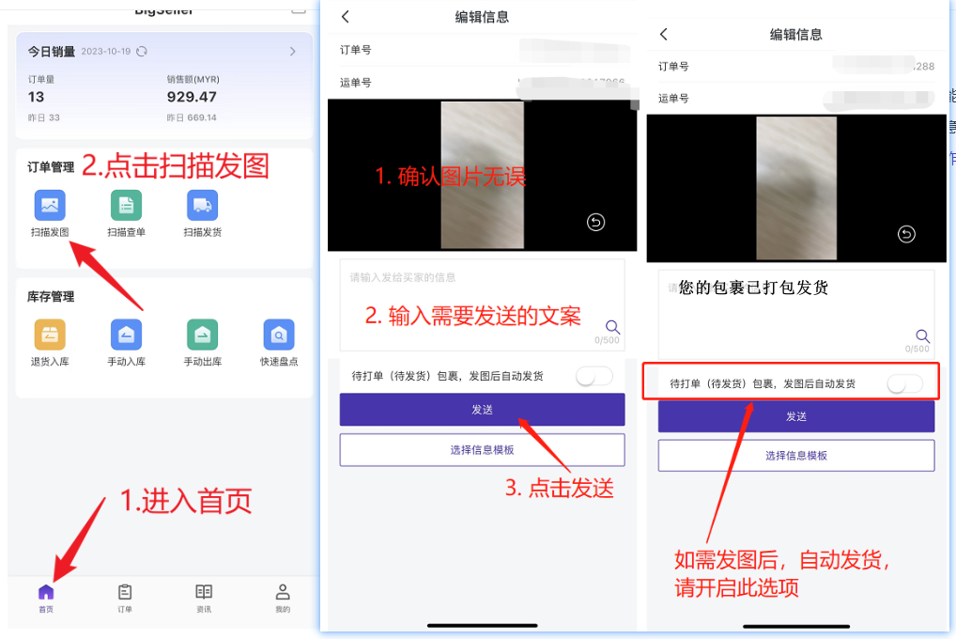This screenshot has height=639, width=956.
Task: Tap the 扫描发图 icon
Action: tap(50, 206)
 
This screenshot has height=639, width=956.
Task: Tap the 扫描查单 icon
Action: tap(126, 206)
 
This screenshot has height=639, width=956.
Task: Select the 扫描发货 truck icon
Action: tap(202, 206)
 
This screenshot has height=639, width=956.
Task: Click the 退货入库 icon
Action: tap(50, 335)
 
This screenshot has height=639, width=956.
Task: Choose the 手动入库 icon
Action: tap(126, 335)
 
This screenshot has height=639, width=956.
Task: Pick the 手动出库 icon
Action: tap(202, 335)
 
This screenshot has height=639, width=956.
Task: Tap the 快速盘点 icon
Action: tap(279, 335)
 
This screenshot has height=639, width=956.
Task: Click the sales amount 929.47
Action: tap(193, 97)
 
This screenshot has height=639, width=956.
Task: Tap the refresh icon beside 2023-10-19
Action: tap(142, 52)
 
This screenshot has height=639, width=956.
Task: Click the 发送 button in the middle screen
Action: tap(482, 410)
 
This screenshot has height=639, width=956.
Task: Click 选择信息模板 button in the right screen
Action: tap(795, 455)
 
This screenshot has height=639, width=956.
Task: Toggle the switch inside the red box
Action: tap(903, 383)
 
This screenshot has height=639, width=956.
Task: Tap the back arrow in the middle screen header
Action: tap(345, 17)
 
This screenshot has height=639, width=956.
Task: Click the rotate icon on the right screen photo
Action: tap(905, 235)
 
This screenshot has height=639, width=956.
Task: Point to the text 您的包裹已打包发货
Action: tap(753, 288)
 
